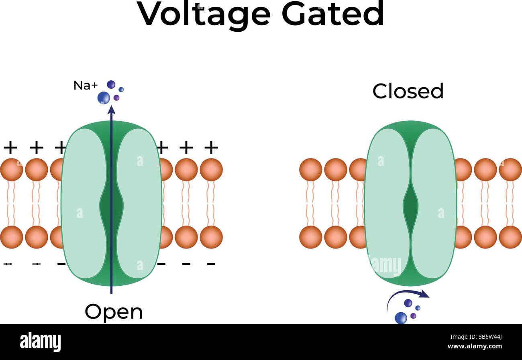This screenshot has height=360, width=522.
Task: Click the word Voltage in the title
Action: (x=204, y=14)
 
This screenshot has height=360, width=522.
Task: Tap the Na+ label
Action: (x=86, y=85)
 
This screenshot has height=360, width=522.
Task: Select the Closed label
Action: (x=408, y=92)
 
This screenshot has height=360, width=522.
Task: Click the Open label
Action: (x=114, y=312)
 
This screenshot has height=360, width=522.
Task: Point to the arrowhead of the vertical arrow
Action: (x=112, y=110)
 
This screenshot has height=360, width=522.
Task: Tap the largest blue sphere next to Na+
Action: (x=104, y=98)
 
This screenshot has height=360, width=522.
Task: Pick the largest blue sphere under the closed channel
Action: (x=401, y=317)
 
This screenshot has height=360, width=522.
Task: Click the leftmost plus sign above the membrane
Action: (x=10, y=148)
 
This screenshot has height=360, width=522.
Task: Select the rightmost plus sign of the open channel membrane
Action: (x=211, y=148)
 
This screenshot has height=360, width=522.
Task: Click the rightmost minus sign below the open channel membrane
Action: (x=211, y=264)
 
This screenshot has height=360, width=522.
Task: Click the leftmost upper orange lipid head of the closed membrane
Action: (x=310, y=169)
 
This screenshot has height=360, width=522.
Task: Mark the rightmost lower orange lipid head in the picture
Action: (x=510, y=237)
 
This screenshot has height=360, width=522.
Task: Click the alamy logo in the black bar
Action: (x=40, y=342)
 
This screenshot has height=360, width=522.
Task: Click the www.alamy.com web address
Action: (x=475, y=347)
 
